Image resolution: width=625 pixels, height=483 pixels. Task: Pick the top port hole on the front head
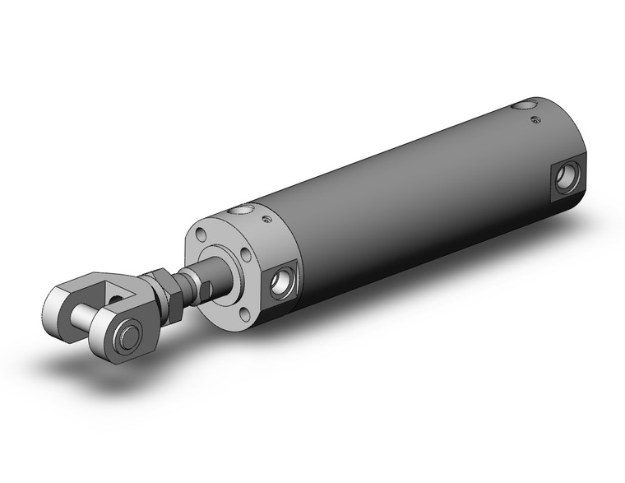(240, 212)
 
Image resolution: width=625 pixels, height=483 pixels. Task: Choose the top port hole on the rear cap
(521, 105)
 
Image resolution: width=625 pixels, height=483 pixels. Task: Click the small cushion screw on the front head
(266, 219)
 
